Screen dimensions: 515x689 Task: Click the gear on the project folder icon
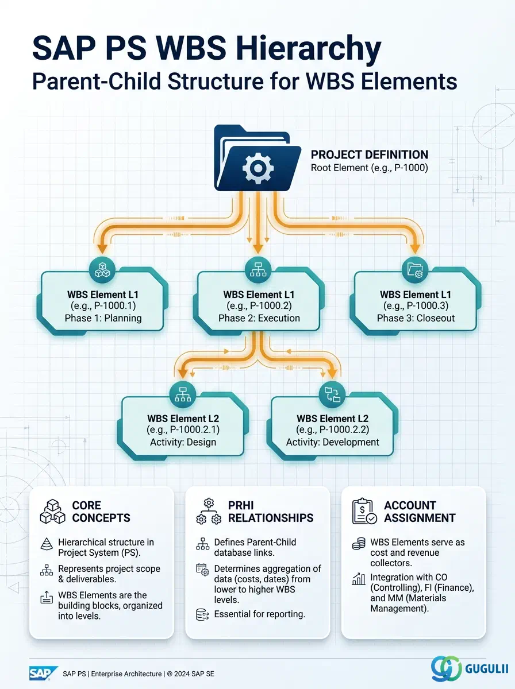258,167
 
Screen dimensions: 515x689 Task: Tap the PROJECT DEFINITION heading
369,154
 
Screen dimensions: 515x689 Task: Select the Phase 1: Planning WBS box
102,301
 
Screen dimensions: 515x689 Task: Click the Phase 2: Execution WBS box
259,301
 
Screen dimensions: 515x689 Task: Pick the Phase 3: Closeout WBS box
416,301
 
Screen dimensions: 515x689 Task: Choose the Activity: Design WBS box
183,426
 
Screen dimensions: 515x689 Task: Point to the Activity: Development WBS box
332,426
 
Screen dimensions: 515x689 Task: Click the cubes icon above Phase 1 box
102,270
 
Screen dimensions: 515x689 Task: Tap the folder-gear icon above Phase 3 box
415,270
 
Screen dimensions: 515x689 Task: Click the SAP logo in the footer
43,673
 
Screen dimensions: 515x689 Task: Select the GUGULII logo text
486,668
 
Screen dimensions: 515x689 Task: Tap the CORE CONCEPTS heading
101,512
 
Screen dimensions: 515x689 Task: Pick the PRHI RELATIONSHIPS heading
271,512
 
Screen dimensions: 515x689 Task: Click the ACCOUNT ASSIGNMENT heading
420,512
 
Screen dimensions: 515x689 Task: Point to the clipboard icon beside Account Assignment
364,512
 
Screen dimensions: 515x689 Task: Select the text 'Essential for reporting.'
260,614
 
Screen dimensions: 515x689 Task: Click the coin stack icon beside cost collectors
359,543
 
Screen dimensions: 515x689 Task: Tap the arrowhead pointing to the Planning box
102,249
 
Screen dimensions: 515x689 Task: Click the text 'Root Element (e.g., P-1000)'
369,168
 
